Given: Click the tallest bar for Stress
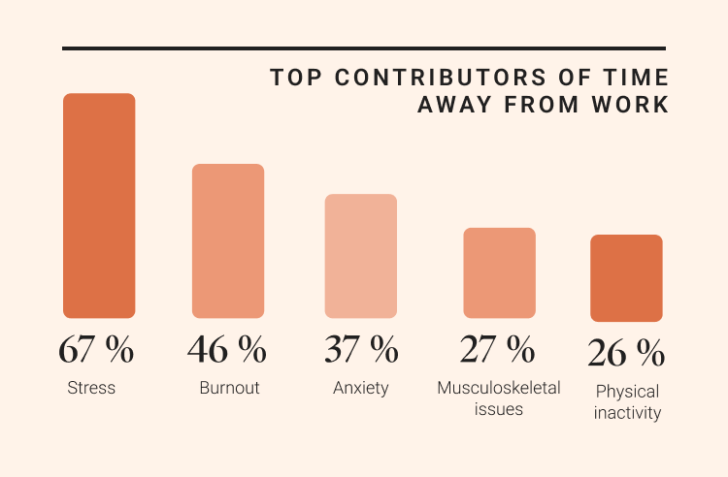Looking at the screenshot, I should [99, 206].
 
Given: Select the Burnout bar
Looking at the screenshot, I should [228, 240].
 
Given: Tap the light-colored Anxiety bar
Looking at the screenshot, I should [360, 256].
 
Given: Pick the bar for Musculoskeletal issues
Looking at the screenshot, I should [499, 272].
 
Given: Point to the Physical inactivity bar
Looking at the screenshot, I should [626, 278].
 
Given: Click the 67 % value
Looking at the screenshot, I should [96, 349].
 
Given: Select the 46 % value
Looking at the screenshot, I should [226, 349].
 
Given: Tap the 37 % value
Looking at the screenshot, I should [360, 349].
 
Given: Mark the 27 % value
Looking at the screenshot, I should [497, 349].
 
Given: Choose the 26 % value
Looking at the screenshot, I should [626, 354].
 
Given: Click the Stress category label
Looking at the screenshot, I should [91, 388].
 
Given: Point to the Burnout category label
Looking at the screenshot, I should [229, 388].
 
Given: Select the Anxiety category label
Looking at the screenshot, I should [360, 388].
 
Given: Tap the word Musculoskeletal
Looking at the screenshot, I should [499, 388].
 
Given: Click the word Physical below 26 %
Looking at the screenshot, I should [627, 393].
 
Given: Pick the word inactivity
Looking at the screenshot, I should [627, 413].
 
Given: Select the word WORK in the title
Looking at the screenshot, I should [637, 105].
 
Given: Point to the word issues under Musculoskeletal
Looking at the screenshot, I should [499, 408].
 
